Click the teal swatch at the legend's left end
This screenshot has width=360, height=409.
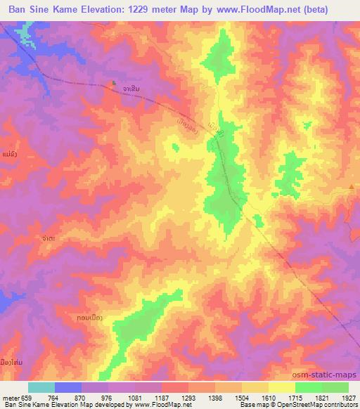(x=41, y=387)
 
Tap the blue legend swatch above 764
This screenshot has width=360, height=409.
(x=68, y=387)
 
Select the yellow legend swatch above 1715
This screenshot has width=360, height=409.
(x=282, y=387)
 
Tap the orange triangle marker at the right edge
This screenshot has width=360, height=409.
(x=352, y=186)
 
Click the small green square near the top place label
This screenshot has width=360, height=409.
(x=114, y=84)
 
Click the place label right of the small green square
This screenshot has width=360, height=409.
(x=129, y=89)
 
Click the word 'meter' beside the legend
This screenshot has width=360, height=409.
(x=11, y=397)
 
